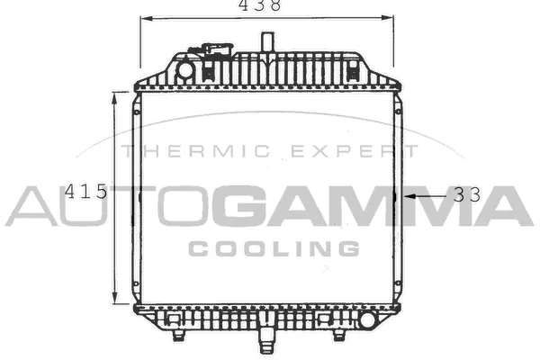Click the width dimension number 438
pos(260,6)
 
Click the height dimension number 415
pos(87,192)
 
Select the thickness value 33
pos(466,193)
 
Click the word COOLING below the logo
pos(274,247)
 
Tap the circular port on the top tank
pos(185,69)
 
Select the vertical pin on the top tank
pos(267,43)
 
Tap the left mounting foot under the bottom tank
pos(179,336)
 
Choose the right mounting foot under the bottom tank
pos(340,336)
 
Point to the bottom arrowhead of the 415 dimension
pos(113,301)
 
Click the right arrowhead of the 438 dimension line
pos(391,17)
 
